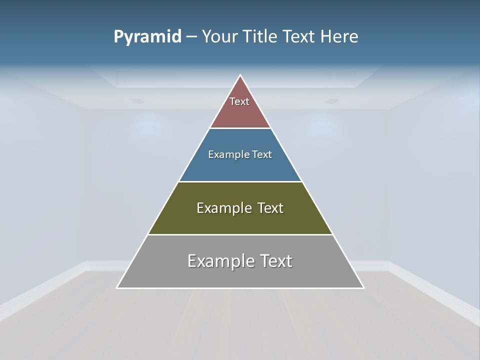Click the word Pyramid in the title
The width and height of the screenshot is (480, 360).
click(x=147, y=36)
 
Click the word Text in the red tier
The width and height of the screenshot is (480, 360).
click(x=239, y=101)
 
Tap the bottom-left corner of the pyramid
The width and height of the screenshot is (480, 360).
click(x=117, y=288)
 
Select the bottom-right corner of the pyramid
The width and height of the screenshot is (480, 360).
click(x=364, y=288)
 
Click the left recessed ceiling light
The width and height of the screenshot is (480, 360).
click(x=137, y=101)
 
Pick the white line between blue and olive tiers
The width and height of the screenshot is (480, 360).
click(x=240, y=181)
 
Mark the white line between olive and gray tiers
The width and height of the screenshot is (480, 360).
click(x=240, y=234)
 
